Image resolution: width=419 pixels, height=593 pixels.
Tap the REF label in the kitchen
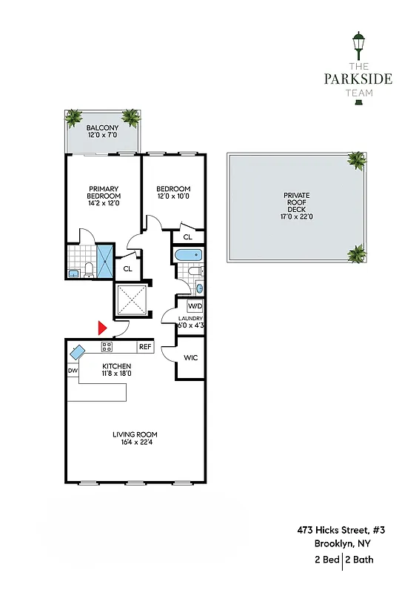144,347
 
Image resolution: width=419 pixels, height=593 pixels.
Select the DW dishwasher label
73,370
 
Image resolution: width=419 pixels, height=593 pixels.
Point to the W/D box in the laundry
195,306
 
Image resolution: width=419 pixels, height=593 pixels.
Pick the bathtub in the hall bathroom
188,256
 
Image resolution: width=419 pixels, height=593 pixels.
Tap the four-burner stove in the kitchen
107,346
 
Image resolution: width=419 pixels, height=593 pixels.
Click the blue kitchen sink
78,351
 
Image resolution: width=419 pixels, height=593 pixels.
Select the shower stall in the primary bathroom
107,260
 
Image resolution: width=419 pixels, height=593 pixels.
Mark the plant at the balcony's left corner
73,117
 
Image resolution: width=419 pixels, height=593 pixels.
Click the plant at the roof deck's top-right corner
357,159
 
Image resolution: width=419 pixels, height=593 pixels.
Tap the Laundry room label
190,318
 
